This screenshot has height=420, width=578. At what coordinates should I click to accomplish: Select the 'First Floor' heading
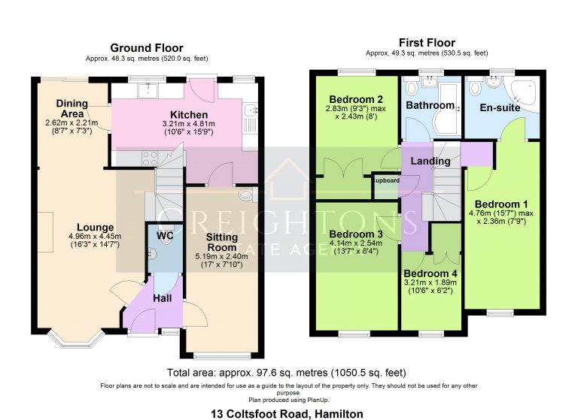(427, 43)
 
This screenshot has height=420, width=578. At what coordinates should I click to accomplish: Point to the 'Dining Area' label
(72, 109)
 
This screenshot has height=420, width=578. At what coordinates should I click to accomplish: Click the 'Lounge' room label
(95, 227)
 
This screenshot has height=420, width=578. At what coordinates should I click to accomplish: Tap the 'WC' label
(165, 235)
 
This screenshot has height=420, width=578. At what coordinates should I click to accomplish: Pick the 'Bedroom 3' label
(356, 234)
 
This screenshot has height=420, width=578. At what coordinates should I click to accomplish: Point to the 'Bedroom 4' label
(429, 273)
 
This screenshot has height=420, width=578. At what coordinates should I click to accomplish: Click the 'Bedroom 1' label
(500, 204)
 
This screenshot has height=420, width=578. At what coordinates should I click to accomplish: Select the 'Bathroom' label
(430, 105)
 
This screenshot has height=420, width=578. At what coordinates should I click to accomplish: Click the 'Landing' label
(431, 161)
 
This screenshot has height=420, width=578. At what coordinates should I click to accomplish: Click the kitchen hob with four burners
(149, 158)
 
